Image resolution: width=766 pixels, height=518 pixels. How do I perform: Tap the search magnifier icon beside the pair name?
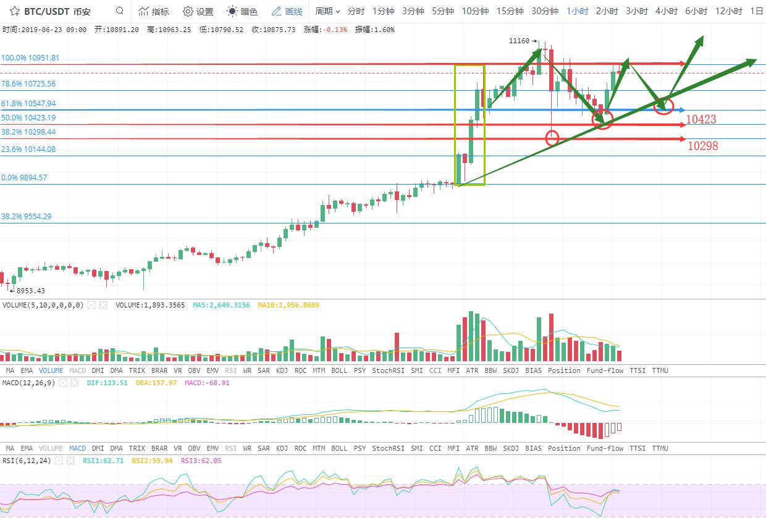coord(120,11)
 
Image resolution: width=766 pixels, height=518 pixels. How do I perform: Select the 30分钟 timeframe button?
coord(544,11)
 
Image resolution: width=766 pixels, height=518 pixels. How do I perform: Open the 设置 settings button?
coord(198,11)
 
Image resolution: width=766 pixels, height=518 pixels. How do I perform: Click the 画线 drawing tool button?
coord(287,11)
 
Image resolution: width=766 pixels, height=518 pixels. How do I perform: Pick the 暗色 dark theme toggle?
coord(242,11)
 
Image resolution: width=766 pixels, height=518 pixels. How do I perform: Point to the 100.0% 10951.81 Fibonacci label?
coord(30,58)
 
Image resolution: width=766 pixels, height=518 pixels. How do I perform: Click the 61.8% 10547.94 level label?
coord(28,104)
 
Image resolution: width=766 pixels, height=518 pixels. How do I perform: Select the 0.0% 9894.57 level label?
coord(25,178)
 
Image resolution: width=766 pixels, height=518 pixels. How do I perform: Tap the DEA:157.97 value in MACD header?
coord(158,383)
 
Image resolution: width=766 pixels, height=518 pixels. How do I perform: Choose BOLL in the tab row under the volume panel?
coord(339,370)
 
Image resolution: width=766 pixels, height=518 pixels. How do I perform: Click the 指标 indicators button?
coord(153,11)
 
